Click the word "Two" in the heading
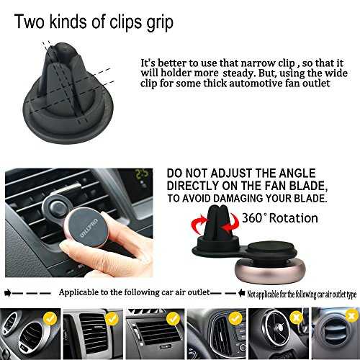tap(30, 22)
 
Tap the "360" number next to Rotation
tap(252, 218)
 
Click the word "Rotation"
tap(294, 218)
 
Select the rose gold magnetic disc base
tap(270, 271)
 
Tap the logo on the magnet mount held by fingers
tap(89, 228)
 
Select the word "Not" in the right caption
tap(251, 294)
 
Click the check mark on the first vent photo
tap(50, 318)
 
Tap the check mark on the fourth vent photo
tap(235, 318)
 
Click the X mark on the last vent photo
tap(352, 315)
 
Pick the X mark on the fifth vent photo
tap(297, 318)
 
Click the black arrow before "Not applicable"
tap(241, 293)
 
